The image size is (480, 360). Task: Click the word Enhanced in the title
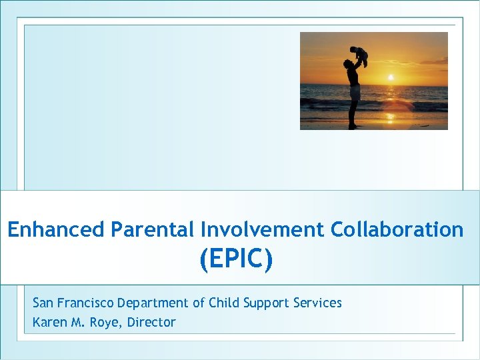56,230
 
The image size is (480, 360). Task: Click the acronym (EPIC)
236,260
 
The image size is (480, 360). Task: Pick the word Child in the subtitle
224,303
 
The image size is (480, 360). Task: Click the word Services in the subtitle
317,303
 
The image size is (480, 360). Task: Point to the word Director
153,323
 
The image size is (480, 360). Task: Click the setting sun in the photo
391,77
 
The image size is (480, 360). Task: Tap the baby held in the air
359,56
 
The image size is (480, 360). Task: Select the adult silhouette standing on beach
353,93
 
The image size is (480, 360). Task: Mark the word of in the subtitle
199,303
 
